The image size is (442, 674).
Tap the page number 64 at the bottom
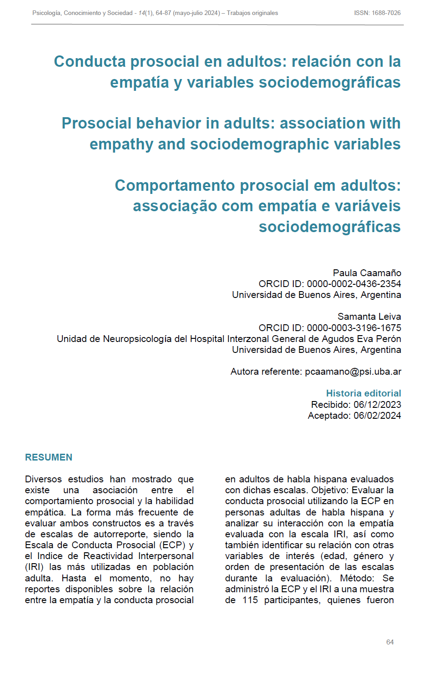tap(390, 642)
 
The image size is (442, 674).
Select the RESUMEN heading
tap(49, 457)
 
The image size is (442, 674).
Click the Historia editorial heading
tap(363, 393)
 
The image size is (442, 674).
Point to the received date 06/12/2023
tap(377, 405)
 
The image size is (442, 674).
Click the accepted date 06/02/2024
tap(377, 416)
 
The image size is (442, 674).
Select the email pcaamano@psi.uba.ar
tap(353, 372)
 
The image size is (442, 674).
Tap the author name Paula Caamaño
tap(367, 273)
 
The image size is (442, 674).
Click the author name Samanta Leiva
tap(369, 317)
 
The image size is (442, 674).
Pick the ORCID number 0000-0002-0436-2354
tap(354, 284)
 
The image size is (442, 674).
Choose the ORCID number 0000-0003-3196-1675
tap(354, 328)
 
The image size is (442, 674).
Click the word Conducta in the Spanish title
tap(89, 61)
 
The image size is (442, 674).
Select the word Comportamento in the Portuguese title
tap(175, 185)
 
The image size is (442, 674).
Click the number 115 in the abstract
tap(250, 600)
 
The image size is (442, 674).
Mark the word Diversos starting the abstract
tap(43, 479)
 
